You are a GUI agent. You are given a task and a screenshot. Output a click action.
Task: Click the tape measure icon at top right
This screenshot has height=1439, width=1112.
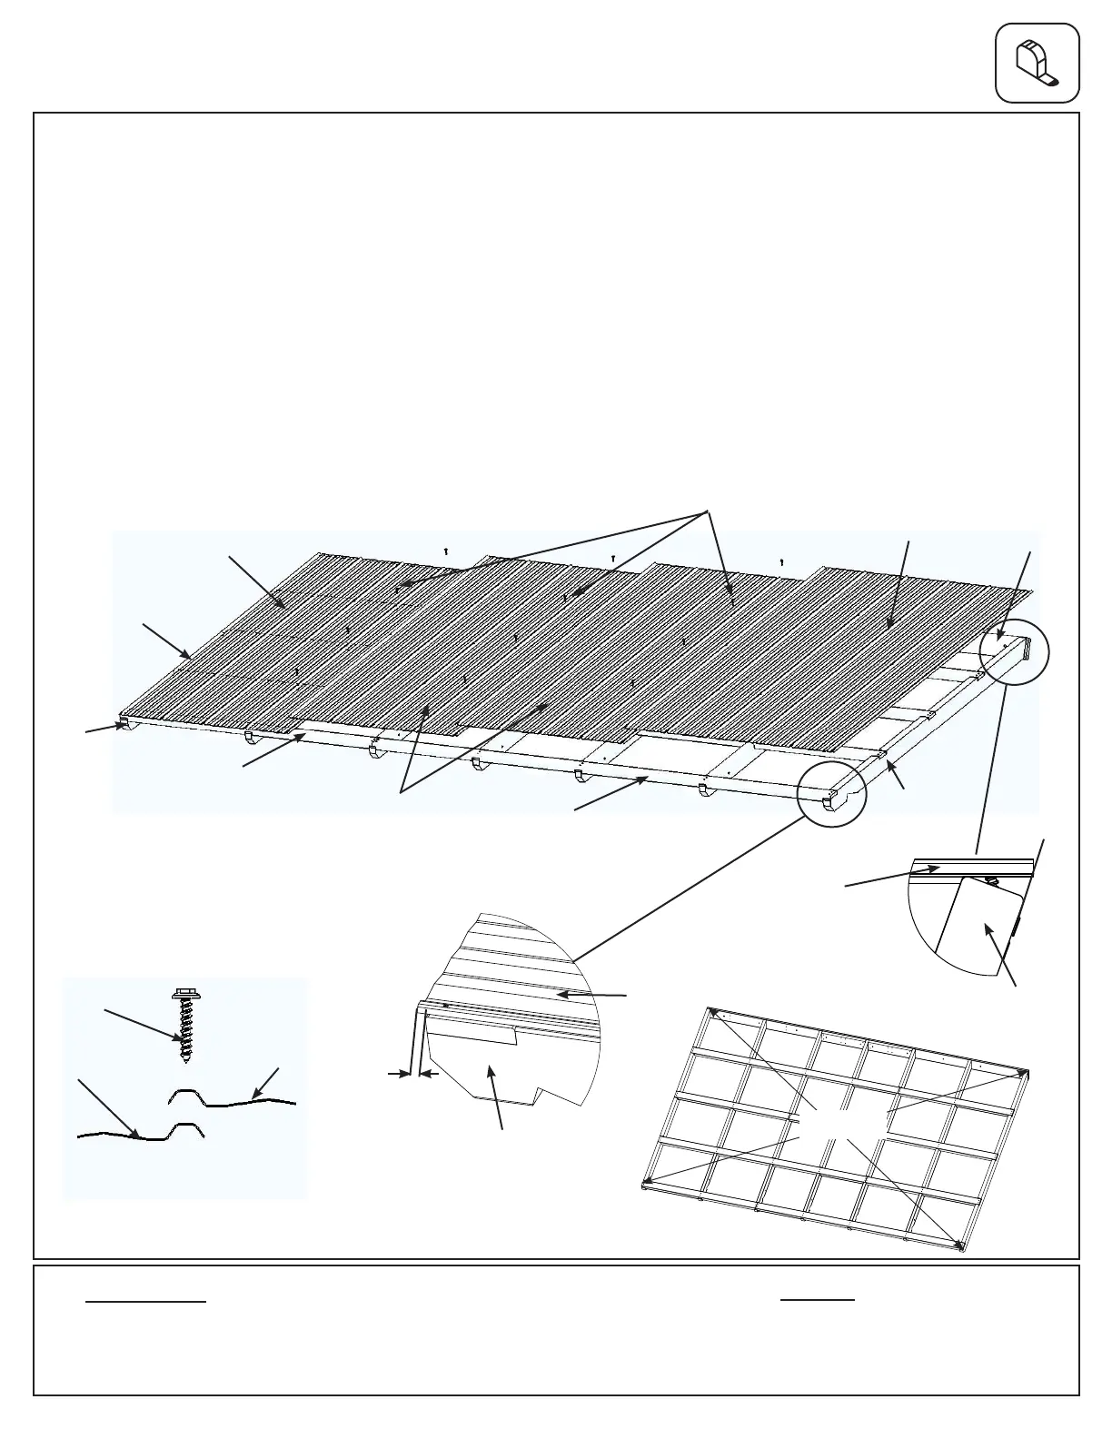pos(1037,63)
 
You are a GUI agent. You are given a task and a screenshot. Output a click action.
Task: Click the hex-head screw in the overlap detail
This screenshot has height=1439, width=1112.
pos(186,1027)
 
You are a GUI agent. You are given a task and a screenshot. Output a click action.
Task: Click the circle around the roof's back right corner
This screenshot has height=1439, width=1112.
pos(1014,654)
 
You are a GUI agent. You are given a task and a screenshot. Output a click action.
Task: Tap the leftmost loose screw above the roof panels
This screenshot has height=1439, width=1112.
pos(446,551)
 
